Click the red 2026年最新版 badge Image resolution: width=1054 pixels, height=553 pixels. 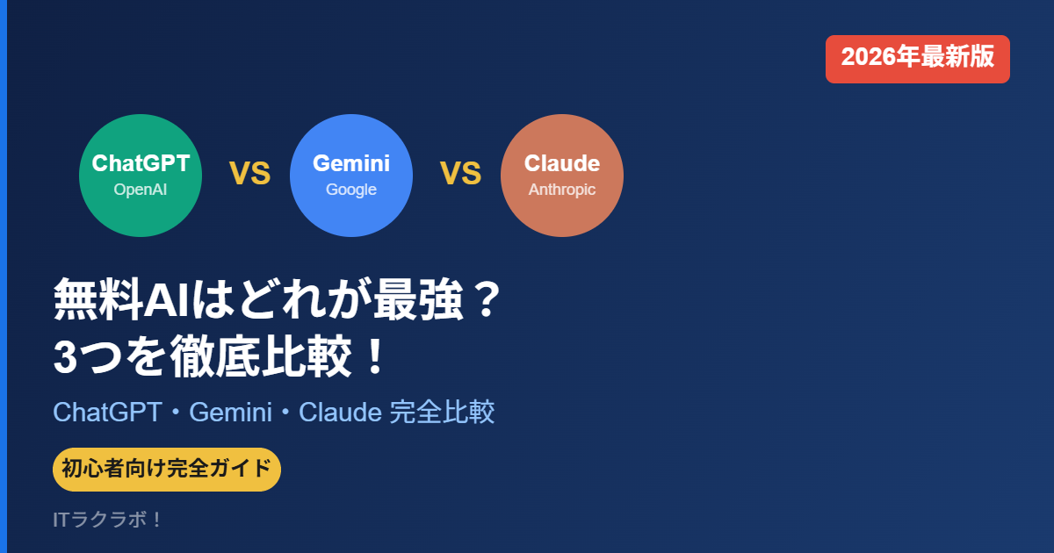[917, 59]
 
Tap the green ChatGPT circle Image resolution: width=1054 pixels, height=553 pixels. [141, 175]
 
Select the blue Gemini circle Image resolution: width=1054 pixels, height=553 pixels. [351, 175]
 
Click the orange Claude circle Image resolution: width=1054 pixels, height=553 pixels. [562, 175]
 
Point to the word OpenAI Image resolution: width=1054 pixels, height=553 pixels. [141, 190]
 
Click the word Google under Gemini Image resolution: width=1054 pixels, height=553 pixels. [351, 190]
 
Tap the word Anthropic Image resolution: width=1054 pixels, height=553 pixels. [562, 190]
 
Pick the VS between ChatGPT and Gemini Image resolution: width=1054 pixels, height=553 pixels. [249, 174]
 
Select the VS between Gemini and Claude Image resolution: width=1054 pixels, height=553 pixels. [460, 174]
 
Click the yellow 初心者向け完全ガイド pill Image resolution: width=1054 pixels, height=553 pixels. [167, 469]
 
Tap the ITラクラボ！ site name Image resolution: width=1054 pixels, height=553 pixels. [108, 520]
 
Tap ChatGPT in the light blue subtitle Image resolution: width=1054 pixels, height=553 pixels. [107, 413]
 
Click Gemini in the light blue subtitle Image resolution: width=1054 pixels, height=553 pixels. [230, 413]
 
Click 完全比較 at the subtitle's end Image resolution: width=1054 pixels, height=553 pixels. [442, 413]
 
